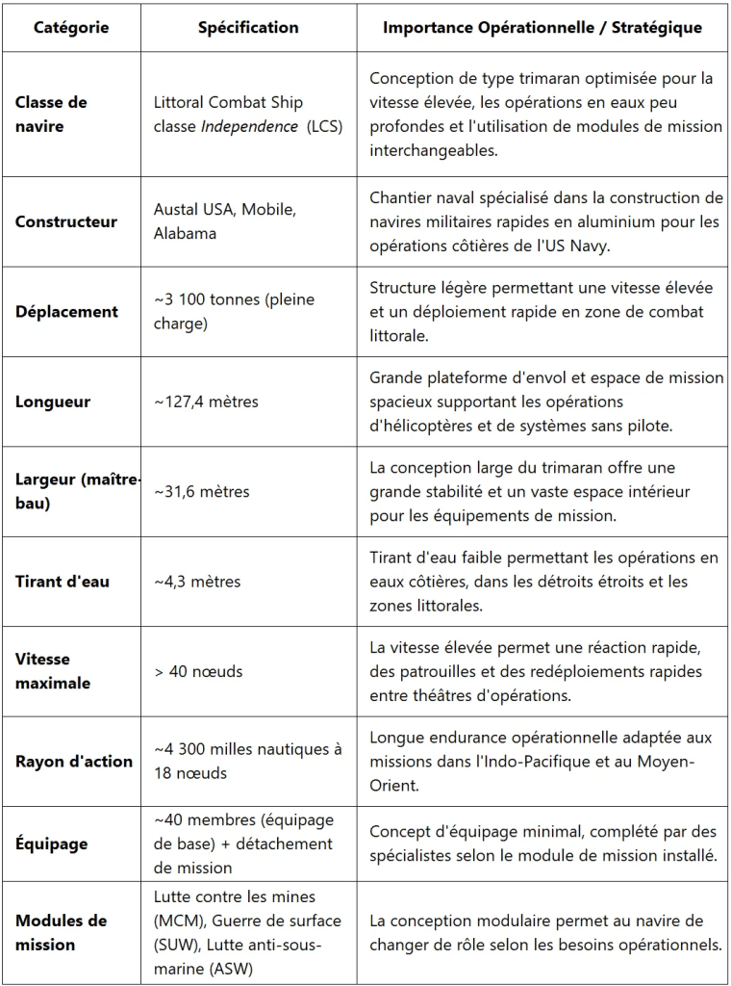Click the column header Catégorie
point(71,27)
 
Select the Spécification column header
point(248,27)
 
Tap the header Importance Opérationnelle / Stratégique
point(542,27)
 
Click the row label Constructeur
point(66,221)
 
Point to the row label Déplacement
point(66,312)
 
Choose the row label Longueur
point(53,402)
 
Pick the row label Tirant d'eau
point(63,582)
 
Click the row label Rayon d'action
point(74,761)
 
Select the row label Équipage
point(51,843)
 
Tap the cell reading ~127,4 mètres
point(206,402)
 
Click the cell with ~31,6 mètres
point(202,492)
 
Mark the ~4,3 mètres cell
point(197,582)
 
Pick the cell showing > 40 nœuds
point(198,671)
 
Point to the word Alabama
point(186,233)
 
